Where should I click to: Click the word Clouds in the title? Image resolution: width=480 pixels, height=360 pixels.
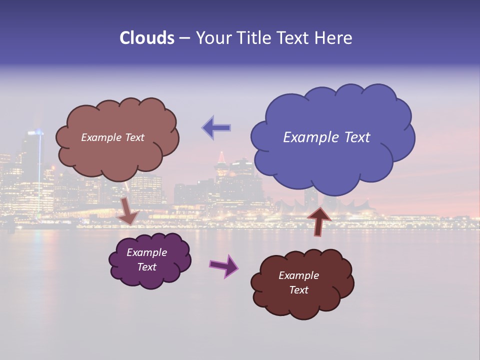click(x=146, y=38)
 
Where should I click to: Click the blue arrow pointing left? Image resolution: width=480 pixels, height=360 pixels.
click(x=216, y=127)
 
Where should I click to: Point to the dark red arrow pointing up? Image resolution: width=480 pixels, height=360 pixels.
click(x=318, y=220)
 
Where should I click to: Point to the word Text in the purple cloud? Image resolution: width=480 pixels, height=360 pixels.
click(x=147, y=267)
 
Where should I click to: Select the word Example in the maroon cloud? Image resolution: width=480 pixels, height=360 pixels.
click(x=298, y=275)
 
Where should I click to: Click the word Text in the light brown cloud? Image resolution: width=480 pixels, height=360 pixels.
click(x=134, y=137)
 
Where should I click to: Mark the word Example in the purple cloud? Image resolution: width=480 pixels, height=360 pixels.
click(x=146, y=252)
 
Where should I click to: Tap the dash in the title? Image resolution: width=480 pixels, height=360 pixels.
click(x=184, y=38)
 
